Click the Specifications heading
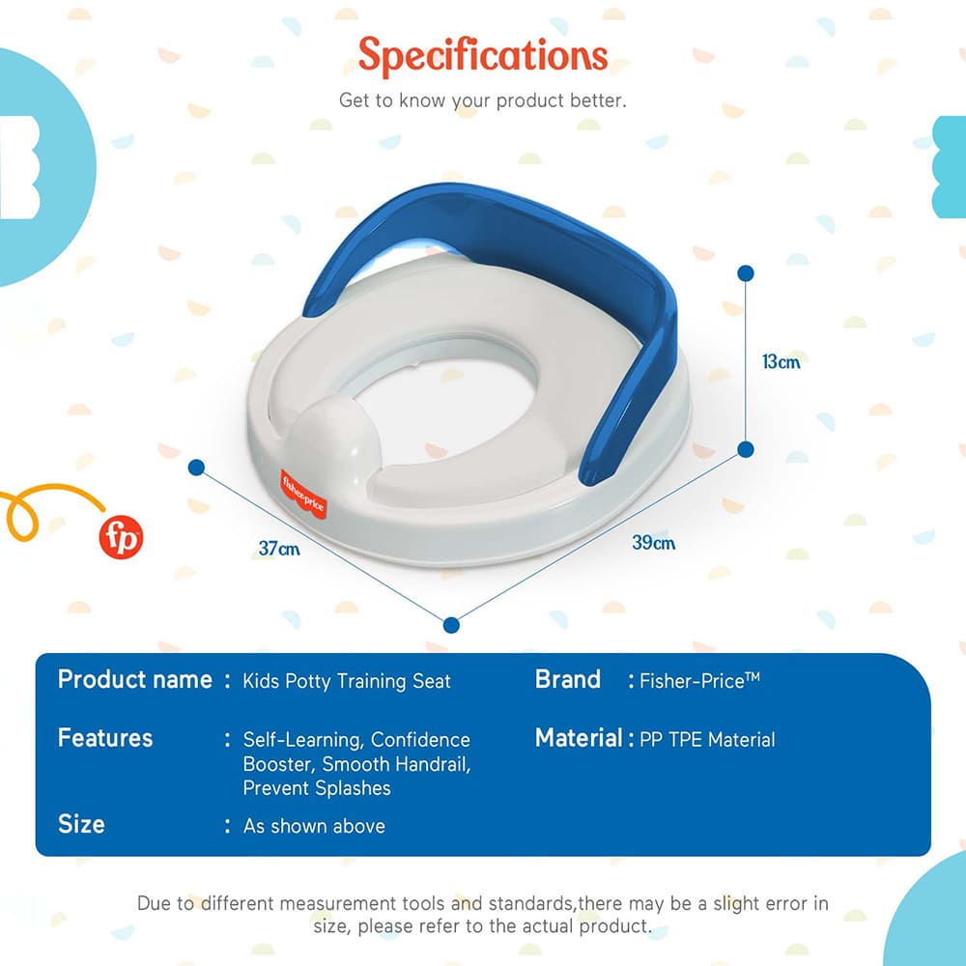pyautogui.click(x=483, y=56)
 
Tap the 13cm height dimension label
pyautogui.click(x=781, y=362)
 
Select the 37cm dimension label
pyautogui.click(x=278, y=549)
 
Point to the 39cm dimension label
pyautogui.click(x=653, y=543)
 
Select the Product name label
pyautogui.click(x=134, y=680)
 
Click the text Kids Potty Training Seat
pyautogui.click(x=347, y=681)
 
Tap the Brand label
pyautogui.click(x=568, y=680)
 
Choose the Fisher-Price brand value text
pyautogui.click(x=699, y=681)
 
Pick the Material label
pyautogui.click(x=578, y=739)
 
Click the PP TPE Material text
pyautogui.click(x=707, y=740)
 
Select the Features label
pyautogui.click(x=105, y=739)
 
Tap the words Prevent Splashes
pyautogui.click(x=317, y=788)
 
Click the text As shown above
pyautogui.click(x=314, y=826)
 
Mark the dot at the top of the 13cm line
pyautogui.click(x=745, y=273)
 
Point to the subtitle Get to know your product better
pyautogui.click(x=483, y=100)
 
